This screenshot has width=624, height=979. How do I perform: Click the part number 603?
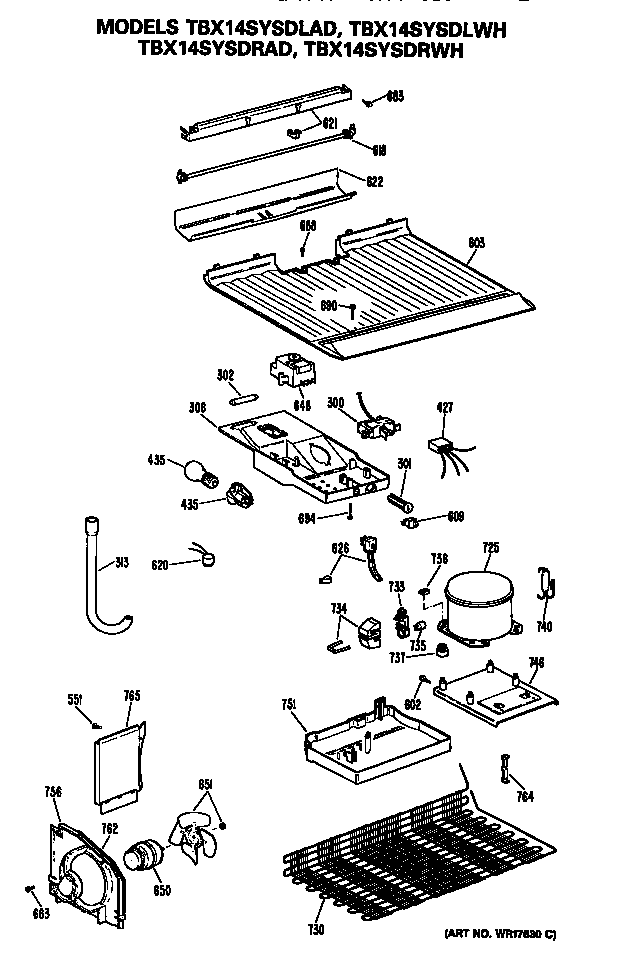point(477,242)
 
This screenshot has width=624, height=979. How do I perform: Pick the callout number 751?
point(290,706)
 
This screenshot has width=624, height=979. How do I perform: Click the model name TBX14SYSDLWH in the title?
point(433,31)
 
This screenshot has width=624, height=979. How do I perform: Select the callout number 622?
point(374,182)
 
